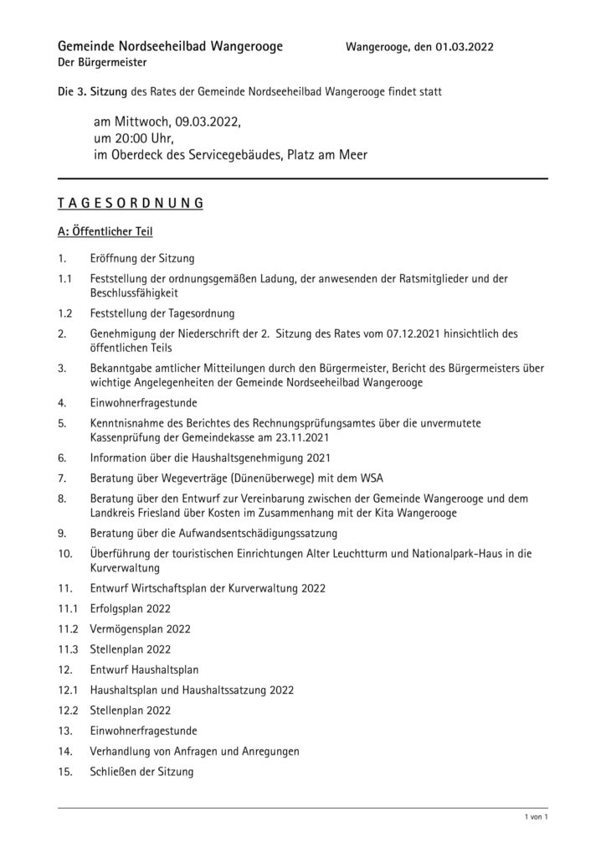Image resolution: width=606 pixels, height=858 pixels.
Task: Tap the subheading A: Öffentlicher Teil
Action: pyautogui.click(x=105, y=231)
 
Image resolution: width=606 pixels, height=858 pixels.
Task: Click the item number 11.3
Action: pyautogui.click(x=68, y=649)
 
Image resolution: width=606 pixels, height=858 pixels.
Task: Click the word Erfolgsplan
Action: pyautogui.click(x=117, y=608)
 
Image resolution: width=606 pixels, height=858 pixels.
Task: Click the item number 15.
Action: pyautogui.click(x=65, y=771)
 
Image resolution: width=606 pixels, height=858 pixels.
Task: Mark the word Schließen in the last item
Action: pyautogui.click(x=113, y=771)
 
